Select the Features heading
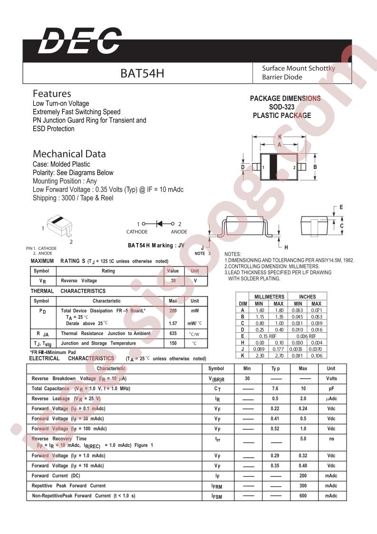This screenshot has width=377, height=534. pos(52,94)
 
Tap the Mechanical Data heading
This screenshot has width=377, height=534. pos(69,154)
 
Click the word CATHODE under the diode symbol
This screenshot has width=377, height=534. pos(137,232)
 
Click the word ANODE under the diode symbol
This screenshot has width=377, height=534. pos(179,232)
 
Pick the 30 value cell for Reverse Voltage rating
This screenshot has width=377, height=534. pos(173,281)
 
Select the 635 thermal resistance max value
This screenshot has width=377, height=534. pos(173,334)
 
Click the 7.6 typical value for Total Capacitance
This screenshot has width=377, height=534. pos(275,388)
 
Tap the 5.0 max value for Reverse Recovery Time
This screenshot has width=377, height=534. pos(303,439)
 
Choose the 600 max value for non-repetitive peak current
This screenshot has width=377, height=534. pos(303,495)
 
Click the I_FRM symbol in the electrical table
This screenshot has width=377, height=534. pos(216,486)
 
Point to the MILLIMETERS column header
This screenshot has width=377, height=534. pos(269,297)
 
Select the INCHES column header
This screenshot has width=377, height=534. pos(307,297)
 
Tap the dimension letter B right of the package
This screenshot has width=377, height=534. pos(315,167)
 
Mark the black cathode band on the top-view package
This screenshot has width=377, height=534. pos(274,167)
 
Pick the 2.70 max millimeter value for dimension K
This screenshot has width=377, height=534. pos(279,355)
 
